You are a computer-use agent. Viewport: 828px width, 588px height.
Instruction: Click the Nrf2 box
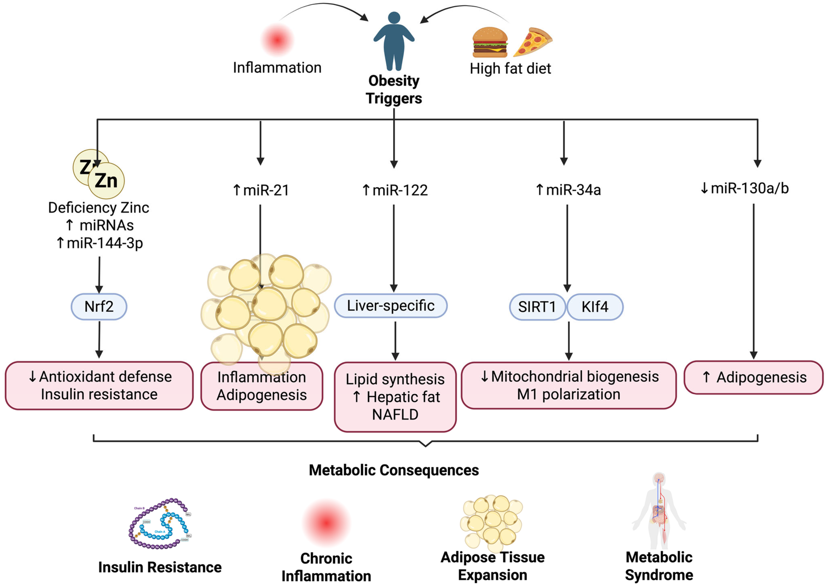pos(99,307)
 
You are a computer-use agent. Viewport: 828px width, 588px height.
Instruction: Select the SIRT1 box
pos(537,307)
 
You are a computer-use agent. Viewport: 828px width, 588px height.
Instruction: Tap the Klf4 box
pos(595,307)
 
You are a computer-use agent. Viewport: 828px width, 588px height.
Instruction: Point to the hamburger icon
pos(490,42)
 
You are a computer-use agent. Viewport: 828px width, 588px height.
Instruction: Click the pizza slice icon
pos(532,42)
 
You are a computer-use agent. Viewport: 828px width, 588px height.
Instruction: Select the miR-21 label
pos(261,190)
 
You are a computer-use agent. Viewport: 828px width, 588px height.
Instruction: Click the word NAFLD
pos(395,414)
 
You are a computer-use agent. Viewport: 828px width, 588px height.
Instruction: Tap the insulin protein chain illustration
pos(160,524)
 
